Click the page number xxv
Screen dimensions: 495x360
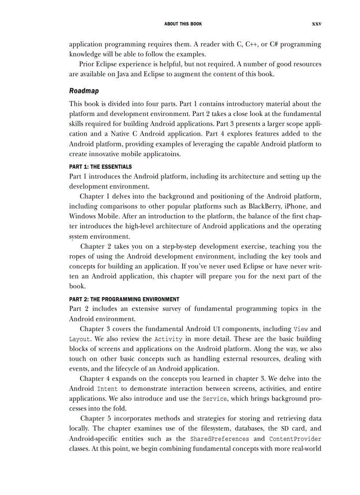[x=316, y=24]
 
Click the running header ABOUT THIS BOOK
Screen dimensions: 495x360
[x=183, y=24]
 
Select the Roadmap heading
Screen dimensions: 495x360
[x=84, y=91]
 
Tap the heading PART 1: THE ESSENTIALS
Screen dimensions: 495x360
[x=101, y=167]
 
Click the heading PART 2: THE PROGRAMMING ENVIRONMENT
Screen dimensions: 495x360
[x=124, y=299]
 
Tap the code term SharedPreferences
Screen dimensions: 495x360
[x=219, y=439]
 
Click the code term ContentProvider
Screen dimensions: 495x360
[x=295, y=439]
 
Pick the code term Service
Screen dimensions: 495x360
[x=215, y=399]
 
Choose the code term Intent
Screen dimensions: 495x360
[x=107, y=389]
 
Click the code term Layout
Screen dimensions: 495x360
[x=79, y=339]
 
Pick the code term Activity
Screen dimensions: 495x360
[x=169, y=339]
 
